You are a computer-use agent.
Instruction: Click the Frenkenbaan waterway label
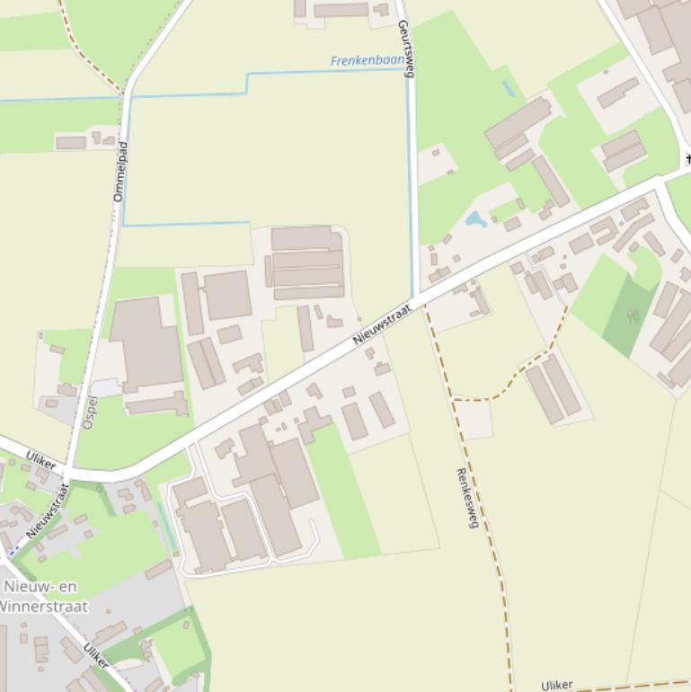(x=367, y=61)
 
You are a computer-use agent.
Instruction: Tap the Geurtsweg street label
(x=405, y=49)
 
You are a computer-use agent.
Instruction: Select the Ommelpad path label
(x=120, y=171)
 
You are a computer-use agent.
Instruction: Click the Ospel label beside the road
(x=89, y=412)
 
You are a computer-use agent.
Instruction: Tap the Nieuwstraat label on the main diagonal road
(x=382, y=324)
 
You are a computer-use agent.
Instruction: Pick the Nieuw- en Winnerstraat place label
(x=43, y=596)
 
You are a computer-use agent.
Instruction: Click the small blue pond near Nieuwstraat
(x=475, y=218)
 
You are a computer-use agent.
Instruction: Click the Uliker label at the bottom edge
(x=557, y=685)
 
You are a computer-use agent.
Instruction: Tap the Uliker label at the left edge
(x=41, y=460)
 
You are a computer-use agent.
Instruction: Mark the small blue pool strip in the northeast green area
(x=509, y=88)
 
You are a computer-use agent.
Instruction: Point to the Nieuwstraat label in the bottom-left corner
(x=49, y=510)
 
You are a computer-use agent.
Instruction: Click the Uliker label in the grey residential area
(x=96, y=656)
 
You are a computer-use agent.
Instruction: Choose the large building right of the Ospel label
(x=146, y=344)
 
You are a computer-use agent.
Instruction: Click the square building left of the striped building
(x=227, y=295)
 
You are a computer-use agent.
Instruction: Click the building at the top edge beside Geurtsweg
(x=341, y=10)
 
